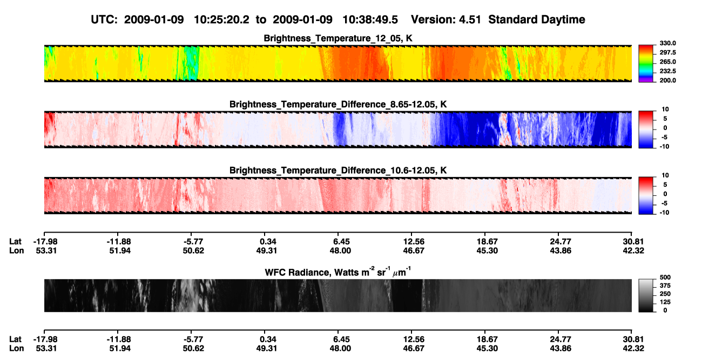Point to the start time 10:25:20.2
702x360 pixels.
tap(221, 20)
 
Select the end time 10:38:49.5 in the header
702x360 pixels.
tap(370, 20)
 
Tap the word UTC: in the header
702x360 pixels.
tap(104, 20)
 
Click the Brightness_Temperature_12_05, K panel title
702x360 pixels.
tap(338, 38)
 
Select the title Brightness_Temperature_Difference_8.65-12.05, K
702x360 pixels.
tap(338, 104)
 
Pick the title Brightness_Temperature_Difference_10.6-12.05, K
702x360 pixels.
tap(338, 171)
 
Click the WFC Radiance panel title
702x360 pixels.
tap(338, 272)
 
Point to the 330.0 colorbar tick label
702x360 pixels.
tap(667, 43)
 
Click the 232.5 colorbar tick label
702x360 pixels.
tap(667, 71)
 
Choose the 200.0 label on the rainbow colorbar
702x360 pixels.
tap(667, 80)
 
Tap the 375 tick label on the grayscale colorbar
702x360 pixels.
tap(665, 286)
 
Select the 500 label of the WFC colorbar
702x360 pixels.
tap(665, 277)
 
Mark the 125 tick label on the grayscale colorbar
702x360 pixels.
tap(665, 302)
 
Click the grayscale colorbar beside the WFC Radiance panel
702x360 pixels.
tap(646, 295)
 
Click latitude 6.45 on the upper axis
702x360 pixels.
tap(341, 242)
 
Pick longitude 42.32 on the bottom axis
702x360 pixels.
tap(633, 349)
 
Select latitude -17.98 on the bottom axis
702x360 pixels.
tap(45, 339)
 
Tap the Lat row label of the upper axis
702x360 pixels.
tap(15, 242)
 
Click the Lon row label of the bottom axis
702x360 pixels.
tap(16, 349)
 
